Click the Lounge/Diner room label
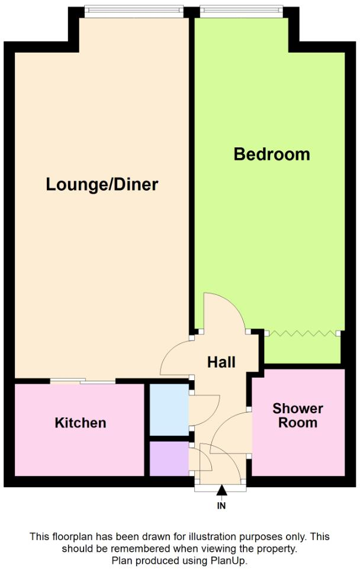click(x=102, y=184)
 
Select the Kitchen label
click(x=81, y=423)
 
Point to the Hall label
click(x=221, y=362)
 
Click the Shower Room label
click(x=298, y=416)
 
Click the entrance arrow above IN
click(x=221, y=490)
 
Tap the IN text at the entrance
click(x=221, y=506)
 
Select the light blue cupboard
click(x=169, y=410)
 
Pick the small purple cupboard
click(x=169, y=458)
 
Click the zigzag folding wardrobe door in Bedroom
click(x=303, y=333)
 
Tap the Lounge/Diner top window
click(x=133, y=9)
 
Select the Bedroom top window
click(x=240, y=9)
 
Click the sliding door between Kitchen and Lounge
click(x=83, y=382)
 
